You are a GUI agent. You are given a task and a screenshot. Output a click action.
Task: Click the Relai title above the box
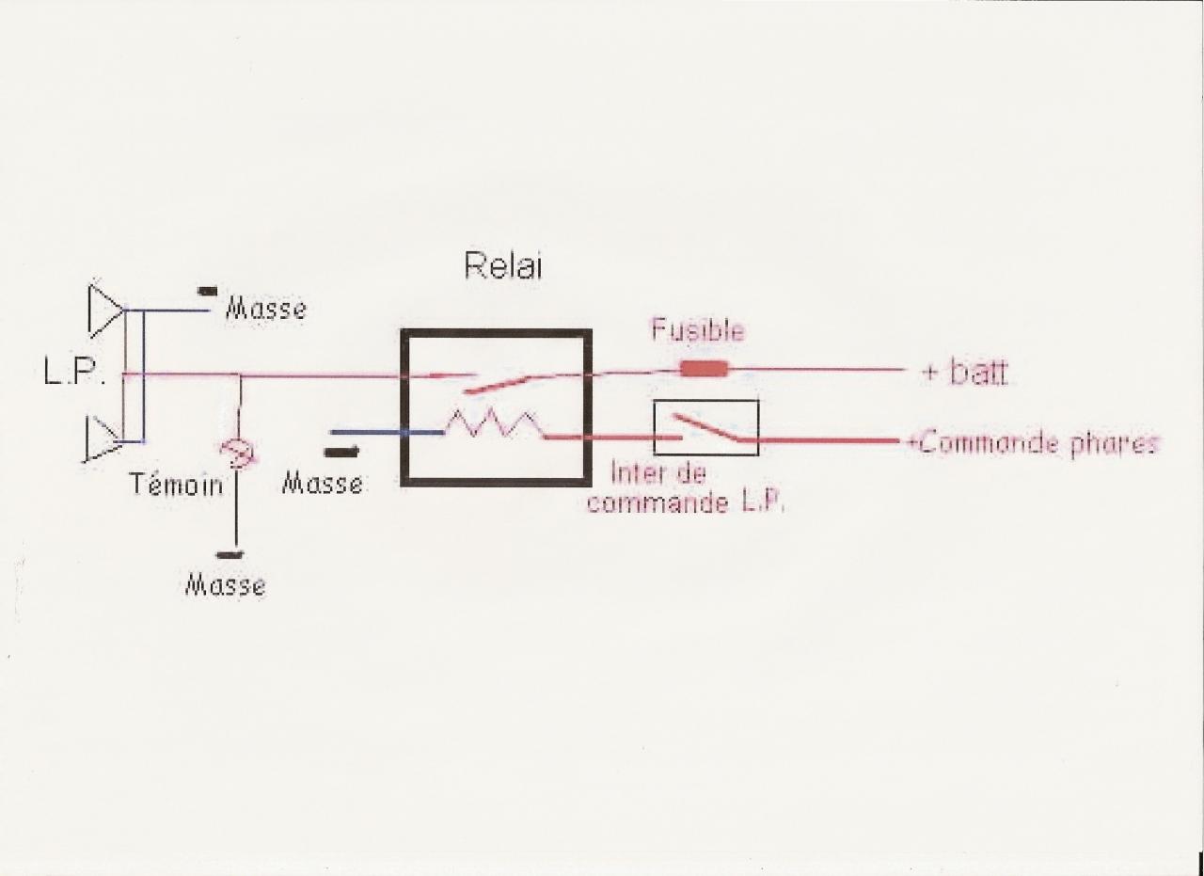click(503, 266)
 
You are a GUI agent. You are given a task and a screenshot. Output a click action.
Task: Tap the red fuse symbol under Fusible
click(704, 368)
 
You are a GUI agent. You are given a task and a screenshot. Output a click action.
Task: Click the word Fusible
click(698, 331)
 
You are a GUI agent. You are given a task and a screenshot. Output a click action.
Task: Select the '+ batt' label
click(964, 373)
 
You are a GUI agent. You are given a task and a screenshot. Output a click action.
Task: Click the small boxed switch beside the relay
click(705, 428)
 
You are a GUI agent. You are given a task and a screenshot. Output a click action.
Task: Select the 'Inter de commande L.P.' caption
click(686, 487)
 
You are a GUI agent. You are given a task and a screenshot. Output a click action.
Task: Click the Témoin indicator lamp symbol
click(235, 453)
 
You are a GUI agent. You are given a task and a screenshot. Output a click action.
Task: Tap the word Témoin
click(177, 485)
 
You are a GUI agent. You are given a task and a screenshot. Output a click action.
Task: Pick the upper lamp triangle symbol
click(104, 309)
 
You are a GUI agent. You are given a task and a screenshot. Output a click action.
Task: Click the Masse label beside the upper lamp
click(265, 309)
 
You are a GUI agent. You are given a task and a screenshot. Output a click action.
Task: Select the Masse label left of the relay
click(323, 484)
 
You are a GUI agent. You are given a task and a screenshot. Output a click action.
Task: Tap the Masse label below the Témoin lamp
click(225, 585)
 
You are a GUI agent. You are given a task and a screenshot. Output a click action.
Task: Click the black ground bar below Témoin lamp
click(226, 554)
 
